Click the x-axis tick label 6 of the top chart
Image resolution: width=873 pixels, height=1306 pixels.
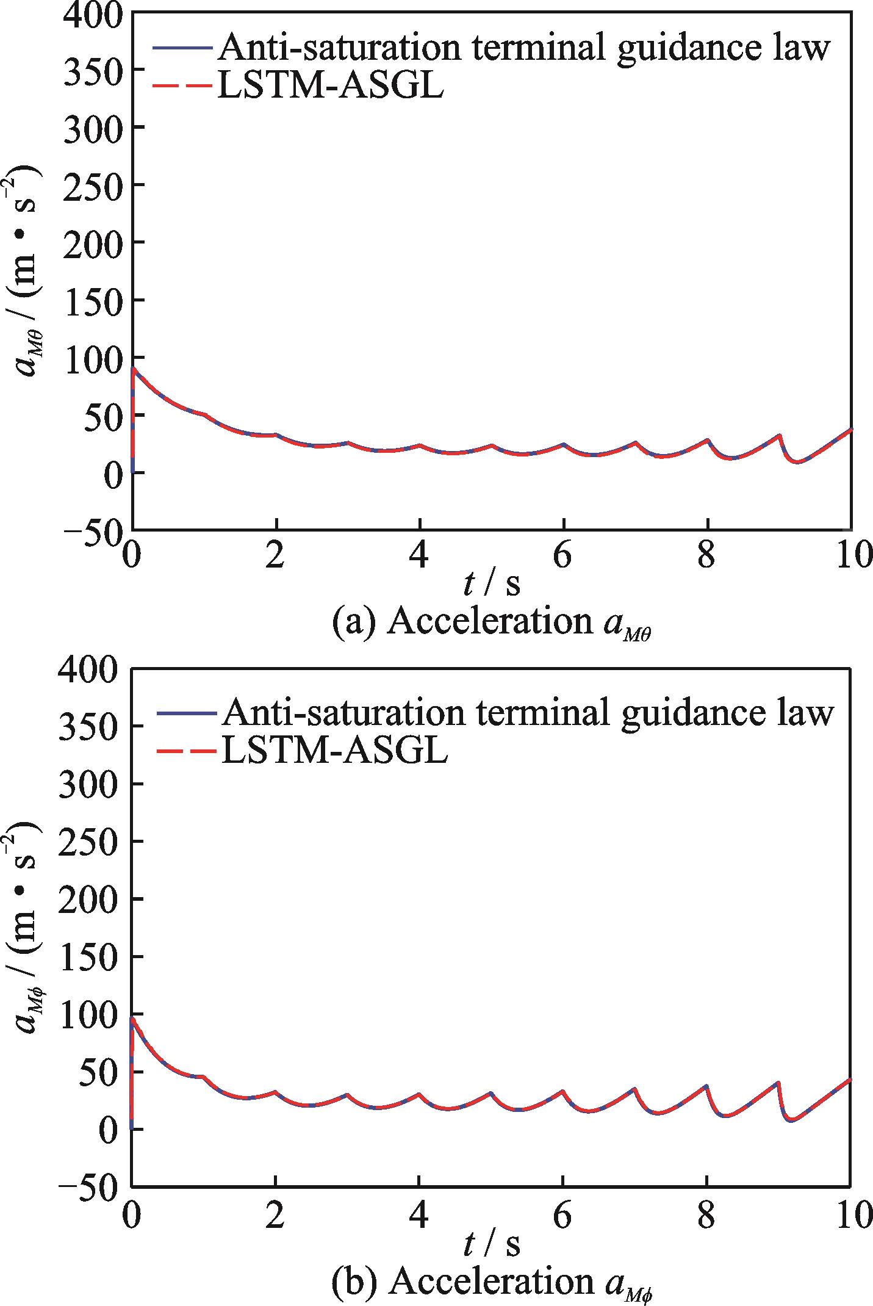point(563,556)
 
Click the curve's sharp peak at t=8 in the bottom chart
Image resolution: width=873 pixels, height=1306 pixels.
point(706,1086)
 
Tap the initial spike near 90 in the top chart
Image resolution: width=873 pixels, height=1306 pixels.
point(134,369)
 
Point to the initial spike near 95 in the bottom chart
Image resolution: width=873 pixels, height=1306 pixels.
point(133,1019)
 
